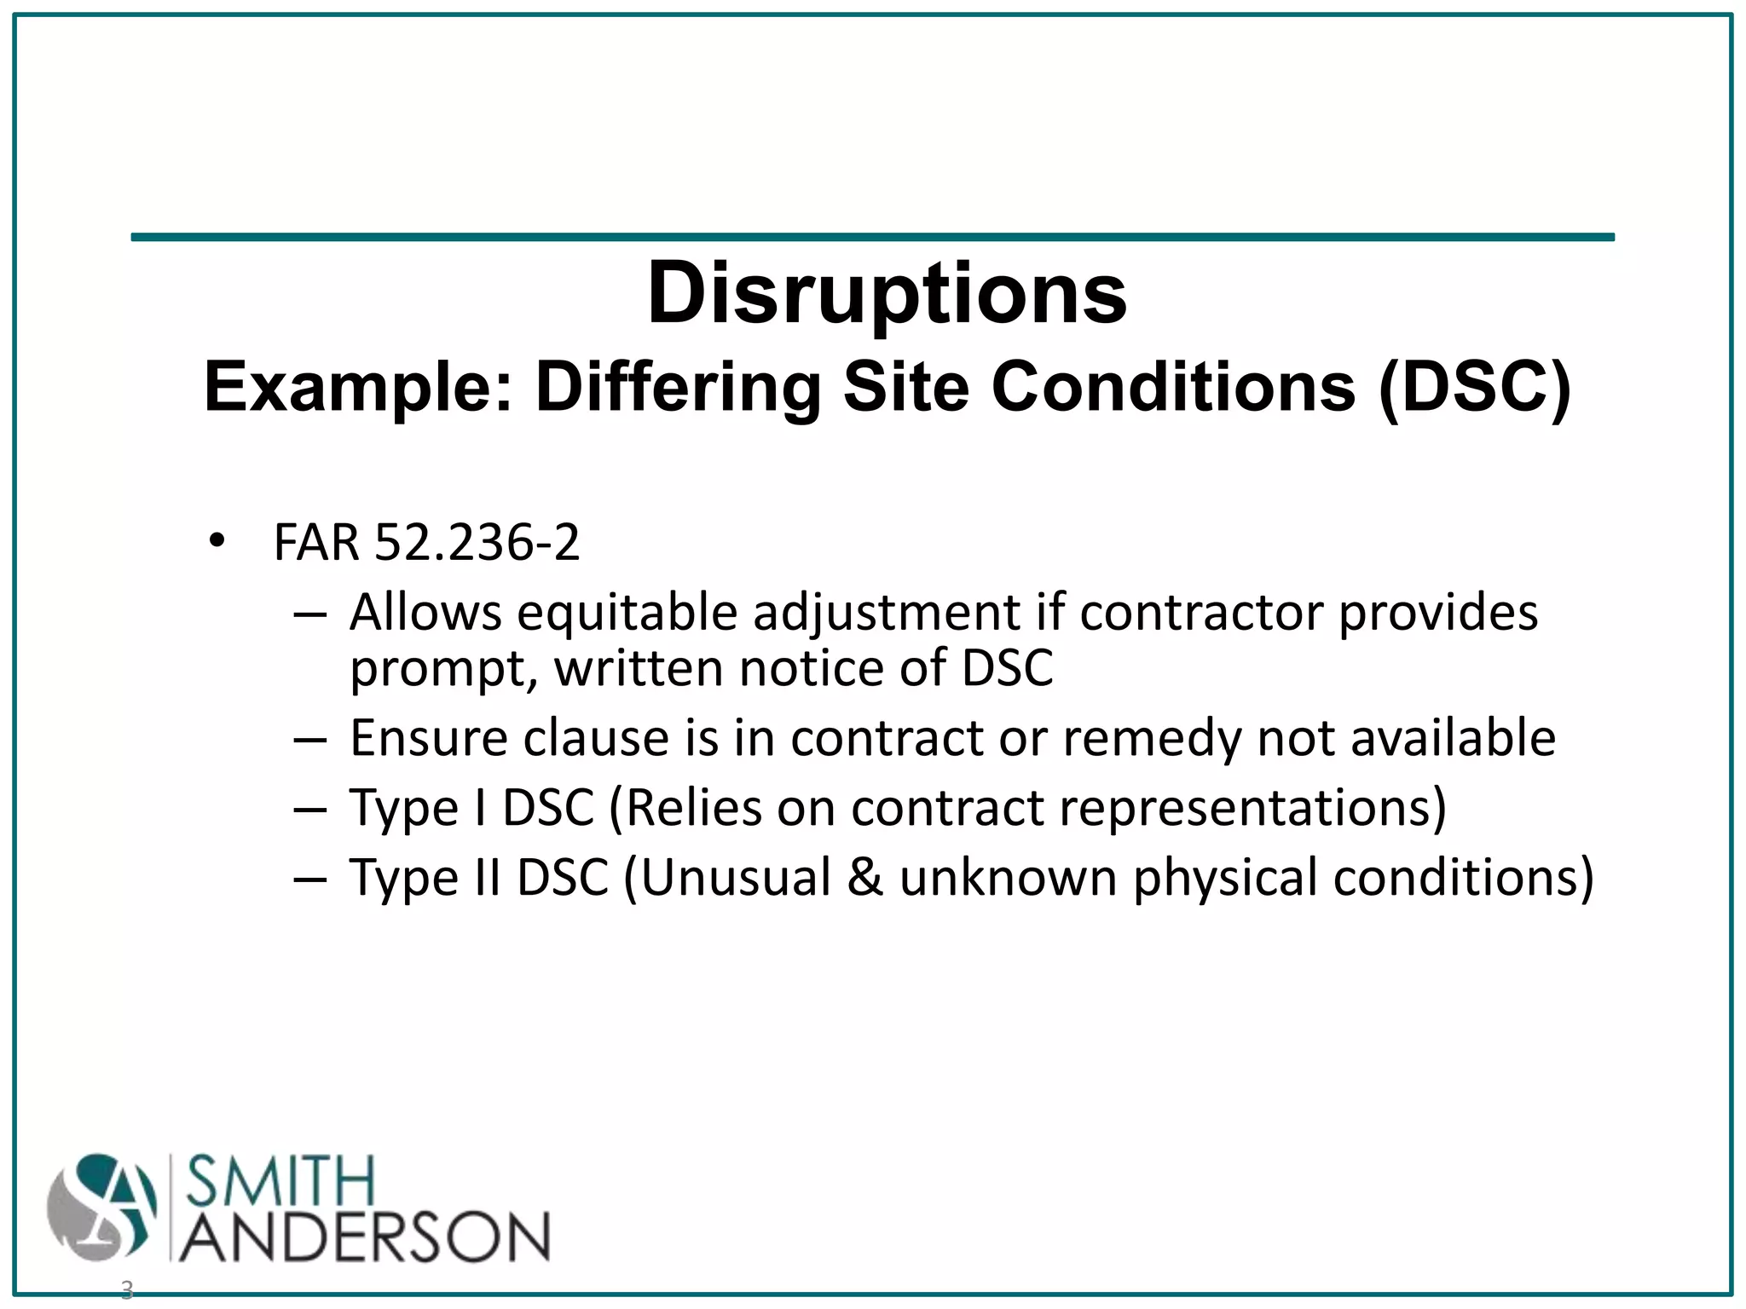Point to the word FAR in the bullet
tap(316, 542)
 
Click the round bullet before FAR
tap(217, 541)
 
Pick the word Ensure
tap(429, 738)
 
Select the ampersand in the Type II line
tap(864, 878)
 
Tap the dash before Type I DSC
tap(309, 809)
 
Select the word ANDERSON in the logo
tap(365, 1235)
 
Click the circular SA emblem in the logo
tap(102, 1208)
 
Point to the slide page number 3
tap(127, 1289)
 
